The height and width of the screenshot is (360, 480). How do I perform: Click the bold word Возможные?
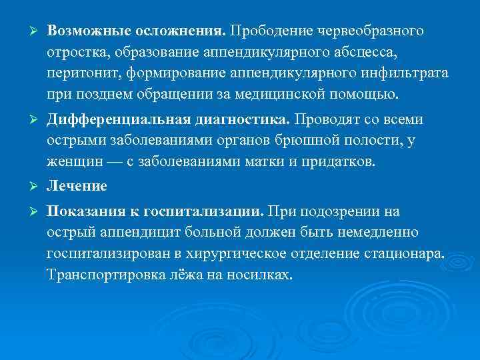tap(89, 33)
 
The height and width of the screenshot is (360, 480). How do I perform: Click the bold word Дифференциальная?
tap(119, 121)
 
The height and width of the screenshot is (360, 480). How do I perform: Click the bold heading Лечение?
tap(76, 187)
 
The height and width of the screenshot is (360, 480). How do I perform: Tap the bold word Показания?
tap(85, 212)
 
